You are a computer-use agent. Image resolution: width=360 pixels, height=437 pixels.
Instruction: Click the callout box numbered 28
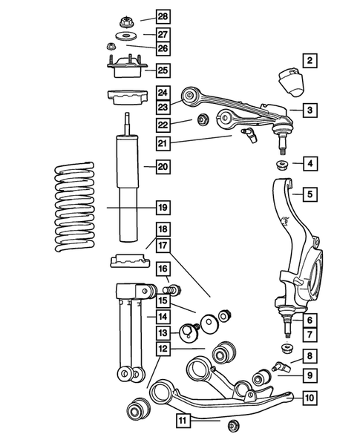pyautogui.click(x=163, y=16)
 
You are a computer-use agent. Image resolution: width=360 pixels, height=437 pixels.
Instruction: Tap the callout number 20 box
pyautogui.click(x=163, y=167)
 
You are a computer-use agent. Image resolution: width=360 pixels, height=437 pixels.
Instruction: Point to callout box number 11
pyautogui.click(x=183, y=421)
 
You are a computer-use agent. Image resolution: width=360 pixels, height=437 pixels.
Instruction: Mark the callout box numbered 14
pyautogui.click(x=163, y=316)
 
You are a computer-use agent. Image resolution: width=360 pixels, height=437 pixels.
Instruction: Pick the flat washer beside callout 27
pyautogui.click(x=123, y=37)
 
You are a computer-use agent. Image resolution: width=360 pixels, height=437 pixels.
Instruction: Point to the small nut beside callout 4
pyautogui.click(x=282, y=164)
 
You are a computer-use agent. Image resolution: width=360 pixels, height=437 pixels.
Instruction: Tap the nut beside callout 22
pyautogui.click(x=202, y=119)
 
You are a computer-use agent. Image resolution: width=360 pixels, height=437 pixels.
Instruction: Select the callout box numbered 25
pyautogui.click(x=163, y=70)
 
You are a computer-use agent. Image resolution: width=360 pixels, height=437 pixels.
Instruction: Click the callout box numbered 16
pyautogui.click(x=163, y=269)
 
